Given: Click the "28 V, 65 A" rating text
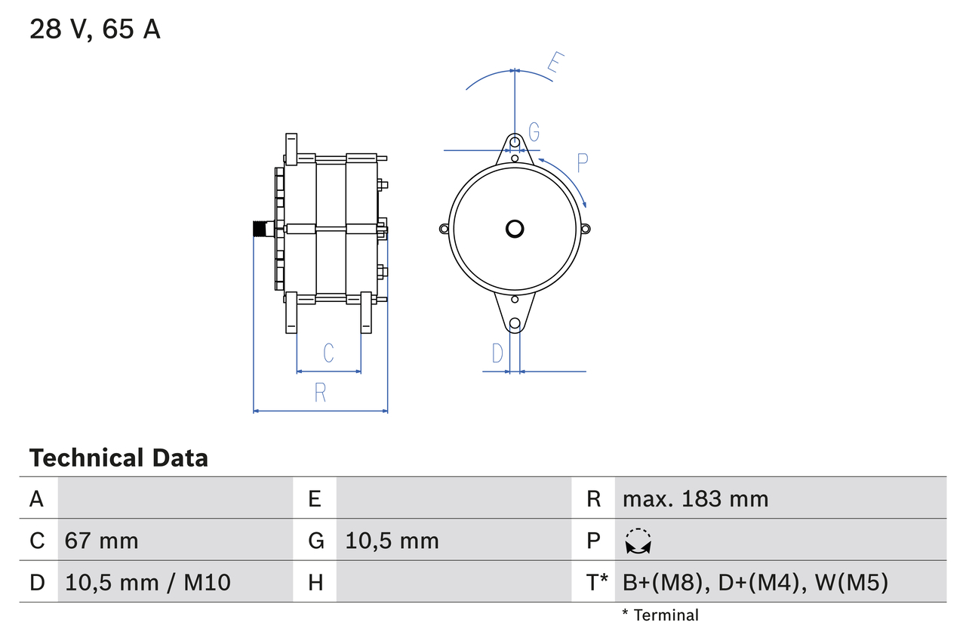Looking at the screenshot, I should [x=95, y=29].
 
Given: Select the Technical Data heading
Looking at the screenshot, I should [x=118, y=458].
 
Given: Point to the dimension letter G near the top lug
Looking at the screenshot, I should [x=534, y=132].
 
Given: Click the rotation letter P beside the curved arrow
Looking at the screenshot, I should [x=582, y=162].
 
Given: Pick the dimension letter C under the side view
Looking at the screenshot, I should [x=328, y=353].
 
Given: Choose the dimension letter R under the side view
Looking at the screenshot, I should [x=320, y=393].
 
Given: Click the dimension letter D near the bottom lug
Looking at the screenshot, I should [x=497, y=353].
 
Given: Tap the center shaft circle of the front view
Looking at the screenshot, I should [x=515, y=228].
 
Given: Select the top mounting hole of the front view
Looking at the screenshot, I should [x=515, y=142].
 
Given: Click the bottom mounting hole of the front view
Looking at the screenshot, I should [x=515, y=324].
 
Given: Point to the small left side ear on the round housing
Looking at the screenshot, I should [x=444, y=229].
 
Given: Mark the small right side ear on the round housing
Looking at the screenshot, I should [x=586, y=229].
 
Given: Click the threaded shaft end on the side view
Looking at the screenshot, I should [x=261, y=229].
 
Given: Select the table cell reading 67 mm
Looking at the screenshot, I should [x=102, y=541].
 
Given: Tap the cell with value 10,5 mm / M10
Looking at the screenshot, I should [x=148, y=582].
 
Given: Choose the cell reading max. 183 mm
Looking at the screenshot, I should [x=695, y=498].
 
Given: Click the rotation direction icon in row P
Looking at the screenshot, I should [x=638, y=541].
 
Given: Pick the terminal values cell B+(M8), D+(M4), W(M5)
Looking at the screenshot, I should [x=755, y=582].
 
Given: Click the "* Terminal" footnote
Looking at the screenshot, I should [x=660, y=615].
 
